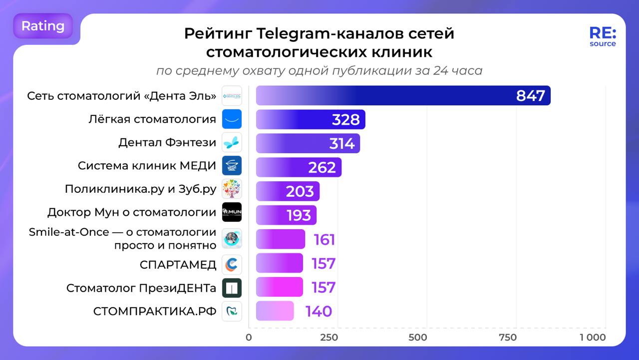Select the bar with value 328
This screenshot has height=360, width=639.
coord(310,119)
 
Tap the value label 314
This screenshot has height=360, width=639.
coord(342,143)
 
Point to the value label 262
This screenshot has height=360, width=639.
coord(322,167)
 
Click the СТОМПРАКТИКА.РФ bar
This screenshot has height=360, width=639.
coord(275,311)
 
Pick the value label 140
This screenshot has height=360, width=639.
coord(319,311)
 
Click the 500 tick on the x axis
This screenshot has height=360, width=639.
coord(417,337)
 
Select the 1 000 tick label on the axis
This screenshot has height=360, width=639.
coord(593,337)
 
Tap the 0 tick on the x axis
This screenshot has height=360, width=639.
coord(249,337)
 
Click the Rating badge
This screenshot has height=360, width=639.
coord(43,26)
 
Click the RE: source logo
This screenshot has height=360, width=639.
coord(603,36)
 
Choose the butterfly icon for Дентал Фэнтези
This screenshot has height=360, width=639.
coord(232,143)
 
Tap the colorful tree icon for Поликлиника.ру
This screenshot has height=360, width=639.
coord(232,189)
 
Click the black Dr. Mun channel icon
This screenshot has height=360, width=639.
coord(232,212)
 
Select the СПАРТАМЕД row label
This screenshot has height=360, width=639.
coord(178,265)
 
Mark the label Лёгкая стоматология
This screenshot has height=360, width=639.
coord(152,119)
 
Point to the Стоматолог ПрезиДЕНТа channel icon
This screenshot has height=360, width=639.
coord(232,288)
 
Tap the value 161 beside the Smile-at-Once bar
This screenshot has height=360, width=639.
coord(324,240)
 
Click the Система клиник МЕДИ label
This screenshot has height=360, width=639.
coord(147,166)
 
